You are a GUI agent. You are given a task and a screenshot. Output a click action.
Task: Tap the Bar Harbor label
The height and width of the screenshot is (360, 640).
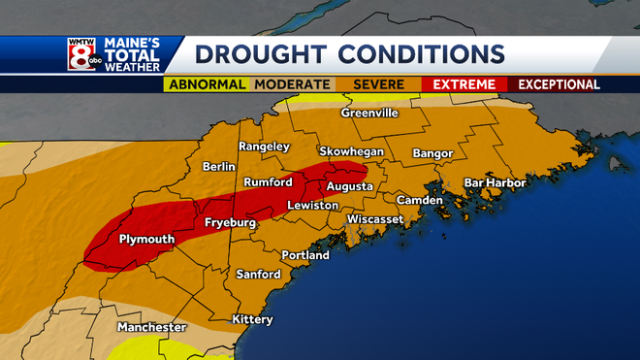click(495, 182)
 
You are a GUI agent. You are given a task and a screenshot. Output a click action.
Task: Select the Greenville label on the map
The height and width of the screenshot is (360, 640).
click(369, 113)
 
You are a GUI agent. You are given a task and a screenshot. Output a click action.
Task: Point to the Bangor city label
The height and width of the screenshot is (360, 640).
click(432, 153)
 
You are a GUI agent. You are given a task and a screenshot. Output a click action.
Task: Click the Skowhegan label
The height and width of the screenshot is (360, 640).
click(353, 152)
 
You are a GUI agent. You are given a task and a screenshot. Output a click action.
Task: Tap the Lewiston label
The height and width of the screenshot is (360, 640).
click(312, 206)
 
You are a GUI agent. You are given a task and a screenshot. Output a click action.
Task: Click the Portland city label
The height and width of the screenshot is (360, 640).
click(304, 255)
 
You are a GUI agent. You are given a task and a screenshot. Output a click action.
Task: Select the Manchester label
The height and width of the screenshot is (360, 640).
click(151, 328)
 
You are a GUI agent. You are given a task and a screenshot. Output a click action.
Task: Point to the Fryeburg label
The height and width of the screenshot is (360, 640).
click(230, 223)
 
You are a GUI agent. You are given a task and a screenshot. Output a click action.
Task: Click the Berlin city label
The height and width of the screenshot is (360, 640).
click(219, 167)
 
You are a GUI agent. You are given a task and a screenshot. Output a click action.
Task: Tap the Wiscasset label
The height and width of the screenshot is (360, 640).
click(375, 219)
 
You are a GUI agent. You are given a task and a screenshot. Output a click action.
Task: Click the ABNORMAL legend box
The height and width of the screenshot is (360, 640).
click(206, 84)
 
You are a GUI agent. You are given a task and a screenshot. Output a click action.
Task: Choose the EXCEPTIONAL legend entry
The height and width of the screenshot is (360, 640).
click(559, 84)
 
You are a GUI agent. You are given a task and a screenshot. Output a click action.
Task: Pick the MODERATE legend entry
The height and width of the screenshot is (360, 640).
click(291, 84)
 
